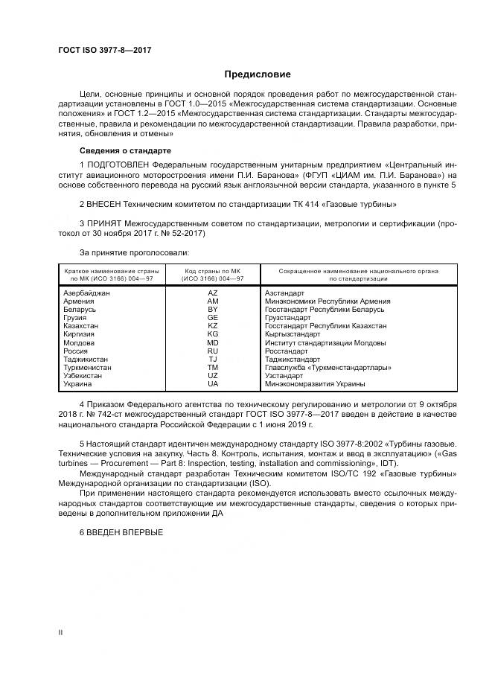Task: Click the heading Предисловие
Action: (258, 74)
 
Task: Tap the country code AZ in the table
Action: (213, 293)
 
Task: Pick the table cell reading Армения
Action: (81, 301)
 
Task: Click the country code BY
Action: (213, 309)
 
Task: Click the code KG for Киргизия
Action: (213, 334)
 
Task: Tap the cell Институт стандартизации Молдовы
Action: (325, 342)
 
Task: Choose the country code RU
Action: (213, 351)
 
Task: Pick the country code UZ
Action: (213, 376)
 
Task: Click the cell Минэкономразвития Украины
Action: (315, 384)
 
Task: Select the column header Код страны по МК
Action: (214, 272)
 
